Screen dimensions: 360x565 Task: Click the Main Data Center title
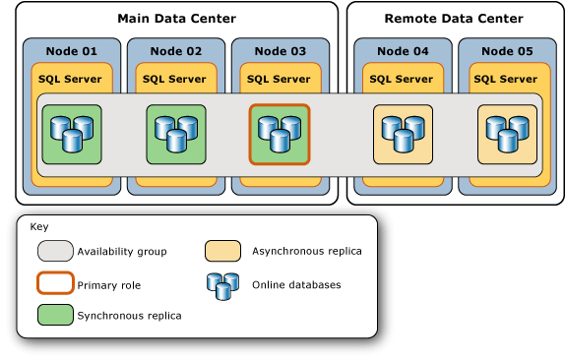point(176,19)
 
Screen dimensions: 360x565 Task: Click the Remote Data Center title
point(454,19)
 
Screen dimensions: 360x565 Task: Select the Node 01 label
point(72,51)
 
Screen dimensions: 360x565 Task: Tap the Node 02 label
point(176,51)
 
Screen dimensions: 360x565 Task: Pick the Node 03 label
point(280,51)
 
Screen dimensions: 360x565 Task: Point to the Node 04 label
point(403,51)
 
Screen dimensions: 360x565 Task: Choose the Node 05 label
point(507,51)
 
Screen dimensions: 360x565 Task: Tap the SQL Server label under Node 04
point(403,79)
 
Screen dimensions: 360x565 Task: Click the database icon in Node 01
point(72,134)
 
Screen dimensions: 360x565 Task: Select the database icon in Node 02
point(176,134)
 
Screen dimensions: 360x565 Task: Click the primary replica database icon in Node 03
point(280,134)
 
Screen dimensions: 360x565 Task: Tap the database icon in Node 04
point(403,134)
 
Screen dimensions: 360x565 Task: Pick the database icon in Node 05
point(507,134)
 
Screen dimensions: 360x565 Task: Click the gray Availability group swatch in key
point(55,251)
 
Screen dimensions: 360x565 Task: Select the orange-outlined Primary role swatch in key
point(55,283)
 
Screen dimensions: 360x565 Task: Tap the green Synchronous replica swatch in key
point(55,315)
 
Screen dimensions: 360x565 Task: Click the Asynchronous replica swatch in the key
point(222,251)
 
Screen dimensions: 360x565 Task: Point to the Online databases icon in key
point(221,285)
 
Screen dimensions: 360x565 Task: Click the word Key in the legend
point(39,227)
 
